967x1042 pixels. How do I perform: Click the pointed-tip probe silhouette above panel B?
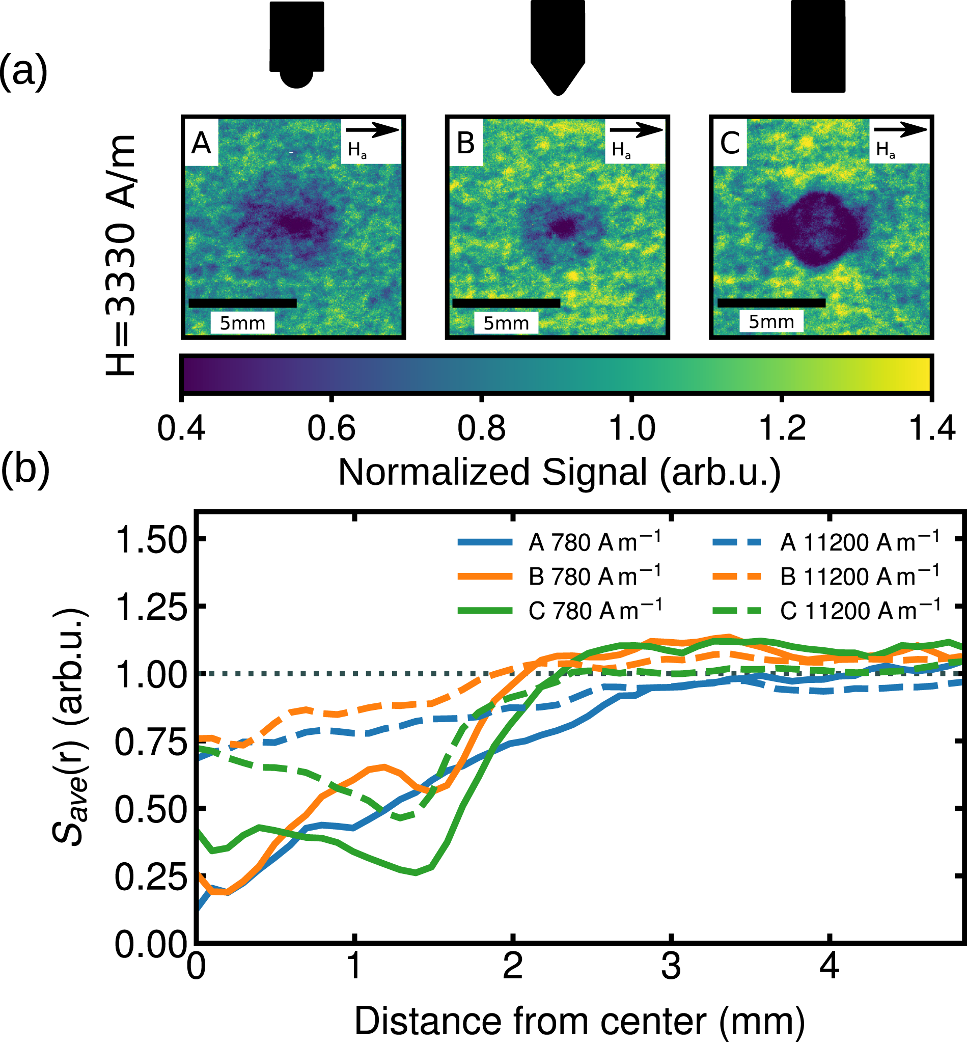(x=557, y=44)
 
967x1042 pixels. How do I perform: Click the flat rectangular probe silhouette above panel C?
(x=817, y=46)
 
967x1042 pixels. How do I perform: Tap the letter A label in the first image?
(x=202, y=143)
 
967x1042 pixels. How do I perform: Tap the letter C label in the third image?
(x=730, y=143)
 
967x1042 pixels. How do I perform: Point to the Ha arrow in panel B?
(x=636, y=130)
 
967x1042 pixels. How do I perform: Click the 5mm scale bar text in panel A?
(x=242, y=323)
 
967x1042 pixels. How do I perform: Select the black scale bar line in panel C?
(x=771, y=303)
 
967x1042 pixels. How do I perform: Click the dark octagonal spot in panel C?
(x=815, y=229)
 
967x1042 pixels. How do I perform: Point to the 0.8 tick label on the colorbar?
(x=481, y=428)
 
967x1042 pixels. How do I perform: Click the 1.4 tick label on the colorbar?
(x=932, y=428)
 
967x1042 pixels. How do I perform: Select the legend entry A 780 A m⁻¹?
(x=559, y=542)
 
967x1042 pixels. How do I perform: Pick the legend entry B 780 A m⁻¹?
(x=559, y=576)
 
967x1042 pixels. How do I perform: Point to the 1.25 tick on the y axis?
(x=151, y=607)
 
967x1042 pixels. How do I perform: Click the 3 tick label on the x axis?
(x=671, y=966)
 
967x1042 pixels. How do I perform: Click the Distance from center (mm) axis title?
(x=580, y=1021)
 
